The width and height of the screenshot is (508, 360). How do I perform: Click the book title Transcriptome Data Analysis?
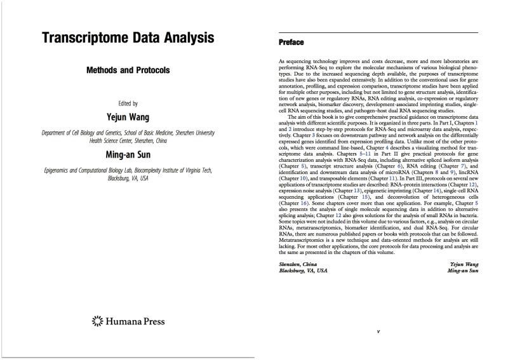[x=128, y=37]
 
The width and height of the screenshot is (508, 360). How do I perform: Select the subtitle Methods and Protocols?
[x=128, y=70]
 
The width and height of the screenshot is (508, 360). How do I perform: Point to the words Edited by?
[x=128, y=103]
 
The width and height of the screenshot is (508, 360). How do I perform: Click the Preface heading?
[x=291, y=43]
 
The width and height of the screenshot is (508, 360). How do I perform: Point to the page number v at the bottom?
[x=378, y=331]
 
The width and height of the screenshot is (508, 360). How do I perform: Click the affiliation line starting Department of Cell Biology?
[x=128, y=133]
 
